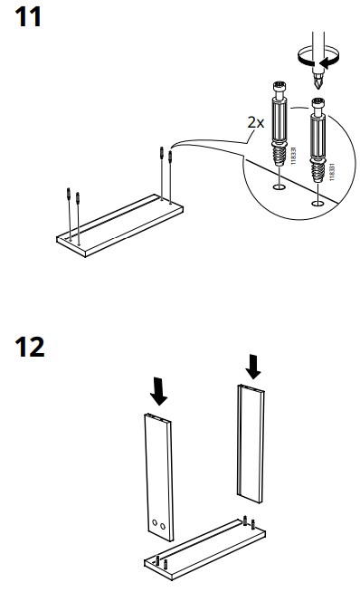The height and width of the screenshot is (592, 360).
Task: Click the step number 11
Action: (x=27, y=17)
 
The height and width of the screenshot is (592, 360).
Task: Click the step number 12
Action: (x=30, y=347)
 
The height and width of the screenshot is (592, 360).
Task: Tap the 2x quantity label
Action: (x=256, y=122)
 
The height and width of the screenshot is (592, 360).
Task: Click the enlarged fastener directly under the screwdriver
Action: (x=318, y=139)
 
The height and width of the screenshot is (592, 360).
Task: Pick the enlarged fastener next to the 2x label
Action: (x=279, y=124)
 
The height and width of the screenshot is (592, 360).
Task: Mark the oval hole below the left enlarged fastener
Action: (x=279, y=186)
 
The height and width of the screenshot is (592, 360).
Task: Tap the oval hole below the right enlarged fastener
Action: (x=317, y=204)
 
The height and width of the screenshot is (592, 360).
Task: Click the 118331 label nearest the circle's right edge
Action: (x=332, y=172)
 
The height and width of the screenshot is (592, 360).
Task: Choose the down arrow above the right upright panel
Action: (x=253, y=367)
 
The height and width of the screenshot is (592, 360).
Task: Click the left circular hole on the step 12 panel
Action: (x=155, y=523)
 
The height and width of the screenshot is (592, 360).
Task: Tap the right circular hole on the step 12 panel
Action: (x=163, y=526)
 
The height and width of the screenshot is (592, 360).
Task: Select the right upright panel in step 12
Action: (x=251, y=444)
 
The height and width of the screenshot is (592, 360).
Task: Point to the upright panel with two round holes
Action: (x=159, y=477)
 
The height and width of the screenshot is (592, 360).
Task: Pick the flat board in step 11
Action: (x=120, y=225)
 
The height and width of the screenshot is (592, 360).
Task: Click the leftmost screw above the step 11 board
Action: (x=69, y=214)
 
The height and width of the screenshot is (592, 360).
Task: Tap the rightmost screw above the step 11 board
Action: (x=170, y=177)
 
